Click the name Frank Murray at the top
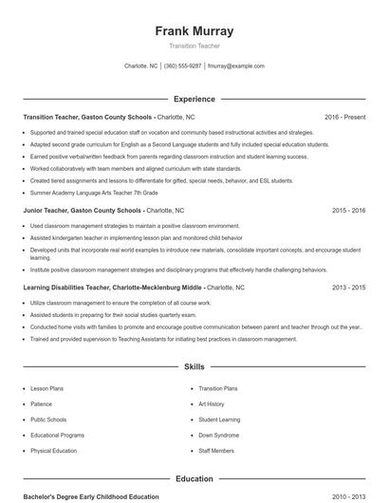[194, 31]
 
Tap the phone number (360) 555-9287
[183, 66]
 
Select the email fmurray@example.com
[235, 66]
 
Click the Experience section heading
[194, 99]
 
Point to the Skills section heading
[194, 365]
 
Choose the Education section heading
[194, 479]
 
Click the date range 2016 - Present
[344, 117]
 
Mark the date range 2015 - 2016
[348, 210]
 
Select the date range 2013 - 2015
[348, 286]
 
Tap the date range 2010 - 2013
[348, 496]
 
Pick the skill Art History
[212, 403]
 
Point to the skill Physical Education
[53, 451]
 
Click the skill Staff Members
[216, 451]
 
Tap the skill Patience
[41, 403]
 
